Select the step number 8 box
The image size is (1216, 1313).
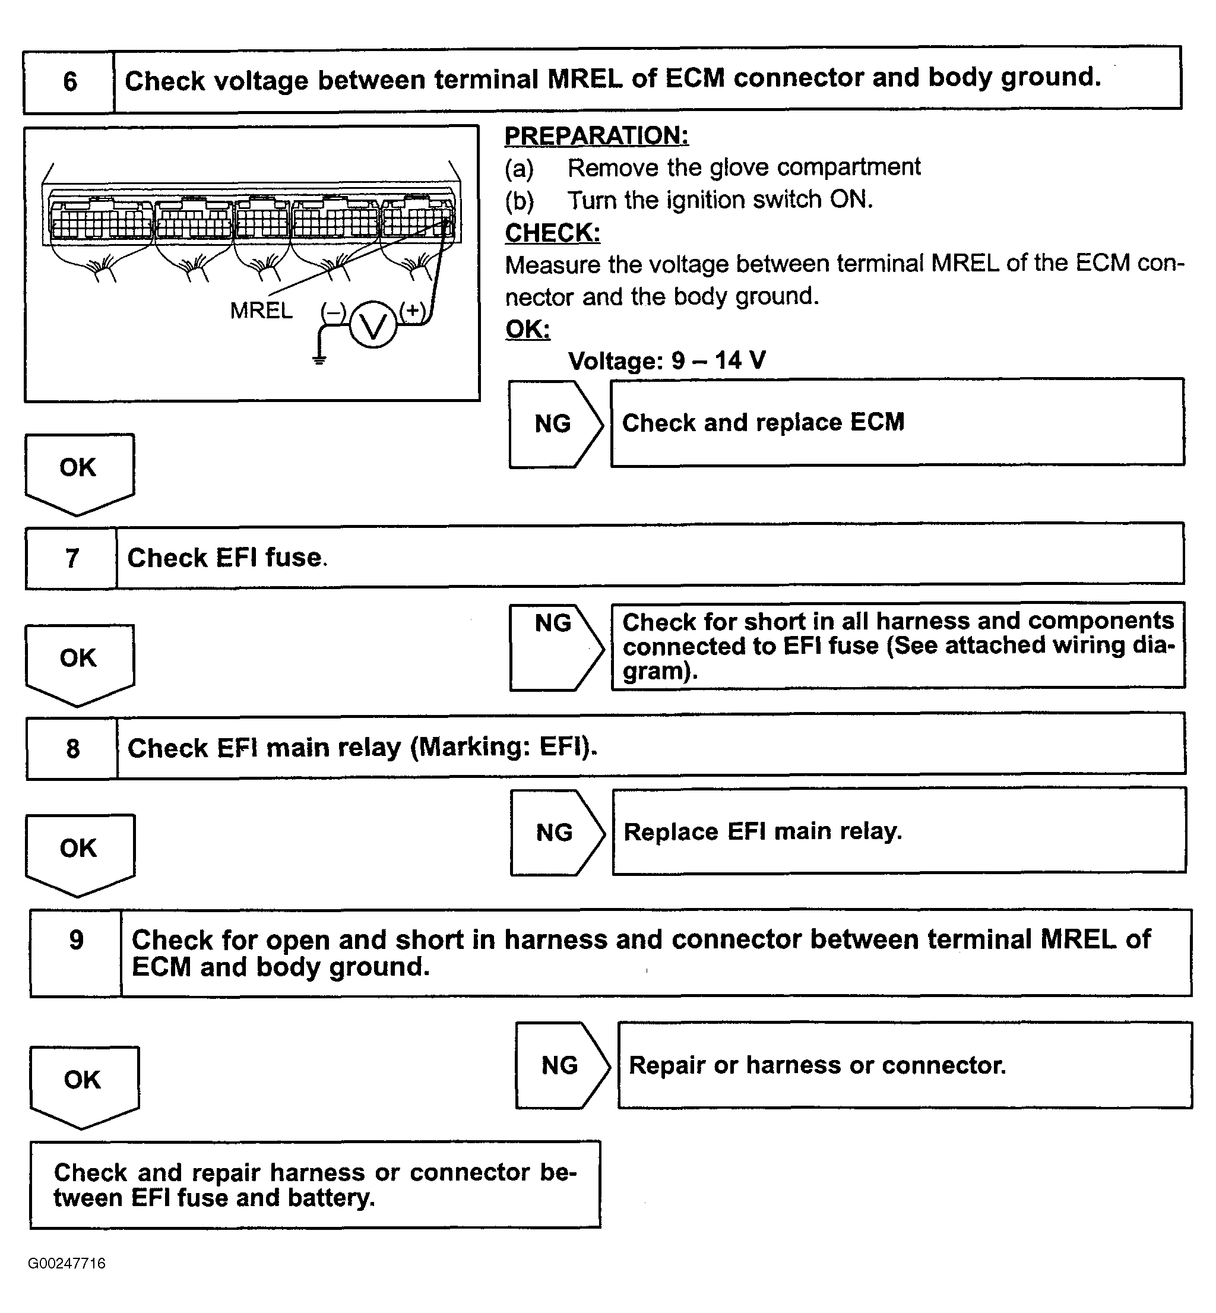point(72,748)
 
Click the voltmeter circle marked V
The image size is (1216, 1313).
point(373,324)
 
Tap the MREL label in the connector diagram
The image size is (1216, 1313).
point(261,310)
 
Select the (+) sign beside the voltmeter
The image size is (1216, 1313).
point(413,310)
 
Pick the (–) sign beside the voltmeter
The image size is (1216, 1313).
point(333,312)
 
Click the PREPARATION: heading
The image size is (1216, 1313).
point(596,135)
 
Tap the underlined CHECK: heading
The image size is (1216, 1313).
point(552,233)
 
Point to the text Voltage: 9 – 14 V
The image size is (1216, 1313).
point(667,360)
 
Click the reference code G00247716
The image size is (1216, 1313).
point(66,1263)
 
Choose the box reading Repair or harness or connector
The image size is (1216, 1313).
point(904,1065)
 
